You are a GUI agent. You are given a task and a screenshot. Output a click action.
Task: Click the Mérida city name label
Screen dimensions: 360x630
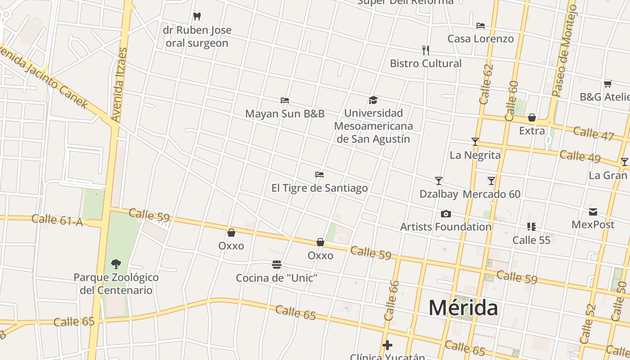(x=463, y=308)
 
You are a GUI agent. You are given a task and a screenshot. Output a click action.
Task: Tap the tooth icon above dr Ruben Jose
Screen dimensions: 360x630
(x=197, y=17)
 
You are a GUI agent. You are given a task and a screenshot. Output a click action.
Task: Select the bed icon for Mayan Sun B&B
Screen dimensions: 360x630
(x=284, y=100)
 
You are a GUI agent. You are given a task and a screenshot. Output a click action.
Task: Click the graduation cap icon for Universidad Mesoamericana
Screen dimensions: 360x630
(x=373, y=100)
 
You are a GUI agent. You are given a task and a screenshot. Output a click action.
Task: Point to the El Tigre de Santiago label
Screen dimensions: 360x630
(x=319, y=188)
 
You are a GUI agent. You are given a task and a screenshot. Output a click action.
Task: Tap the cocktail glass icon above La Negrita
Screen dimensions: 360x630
(x=475, y=142)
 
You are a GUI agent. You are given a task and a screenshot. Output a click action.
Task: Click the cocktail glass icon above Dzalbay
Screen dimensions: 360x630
(x=439, y=181)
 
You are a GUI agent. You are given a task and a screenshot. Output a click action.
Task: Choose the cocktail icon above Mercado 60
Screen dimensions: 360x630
(x=491, y=181)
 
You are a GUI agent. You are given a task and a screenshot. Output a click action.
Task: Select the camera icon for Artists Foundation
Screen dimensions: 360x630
(x=446, y=214)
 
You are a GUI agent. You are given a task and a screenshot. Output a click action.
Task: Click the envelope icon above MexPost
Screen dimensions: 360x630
(x=593, y=211)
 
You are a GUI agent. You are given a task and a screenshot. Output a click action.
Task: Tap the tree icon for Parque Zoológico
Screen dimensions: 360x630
(x=116, y=264)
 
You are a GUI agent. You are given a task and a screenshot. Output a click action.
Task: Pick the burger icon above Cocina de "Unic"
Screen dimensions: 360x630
(x=277, y=265)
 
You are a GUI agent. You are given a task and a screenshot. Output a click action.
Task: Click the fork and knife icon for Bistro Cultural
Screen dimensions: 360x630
(x=426, y=50)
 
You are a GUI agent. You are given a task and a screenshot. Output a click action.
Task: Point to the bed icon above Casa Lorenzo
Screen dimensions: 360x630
(x=481, y=26)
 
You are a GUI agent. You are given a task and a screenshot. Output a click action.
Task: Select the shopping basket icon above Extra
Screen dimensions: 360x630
(x=532, y=118)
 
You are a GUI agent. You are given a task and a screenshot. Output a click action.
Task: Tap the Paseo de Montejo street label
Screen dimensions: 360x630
(x=564, y=50)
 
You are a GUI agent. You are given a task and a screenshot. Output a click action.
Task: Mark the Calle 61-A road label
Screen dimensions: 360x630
(x=57, y=220)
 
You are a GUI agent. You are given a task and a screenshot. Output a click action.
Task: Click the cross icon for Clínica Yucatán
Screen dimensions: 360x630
(x=387, y=346)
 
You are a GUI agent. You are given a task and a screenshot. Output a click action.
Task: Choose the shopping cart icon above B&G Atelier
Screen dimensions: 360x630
(x=608, y=84)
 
